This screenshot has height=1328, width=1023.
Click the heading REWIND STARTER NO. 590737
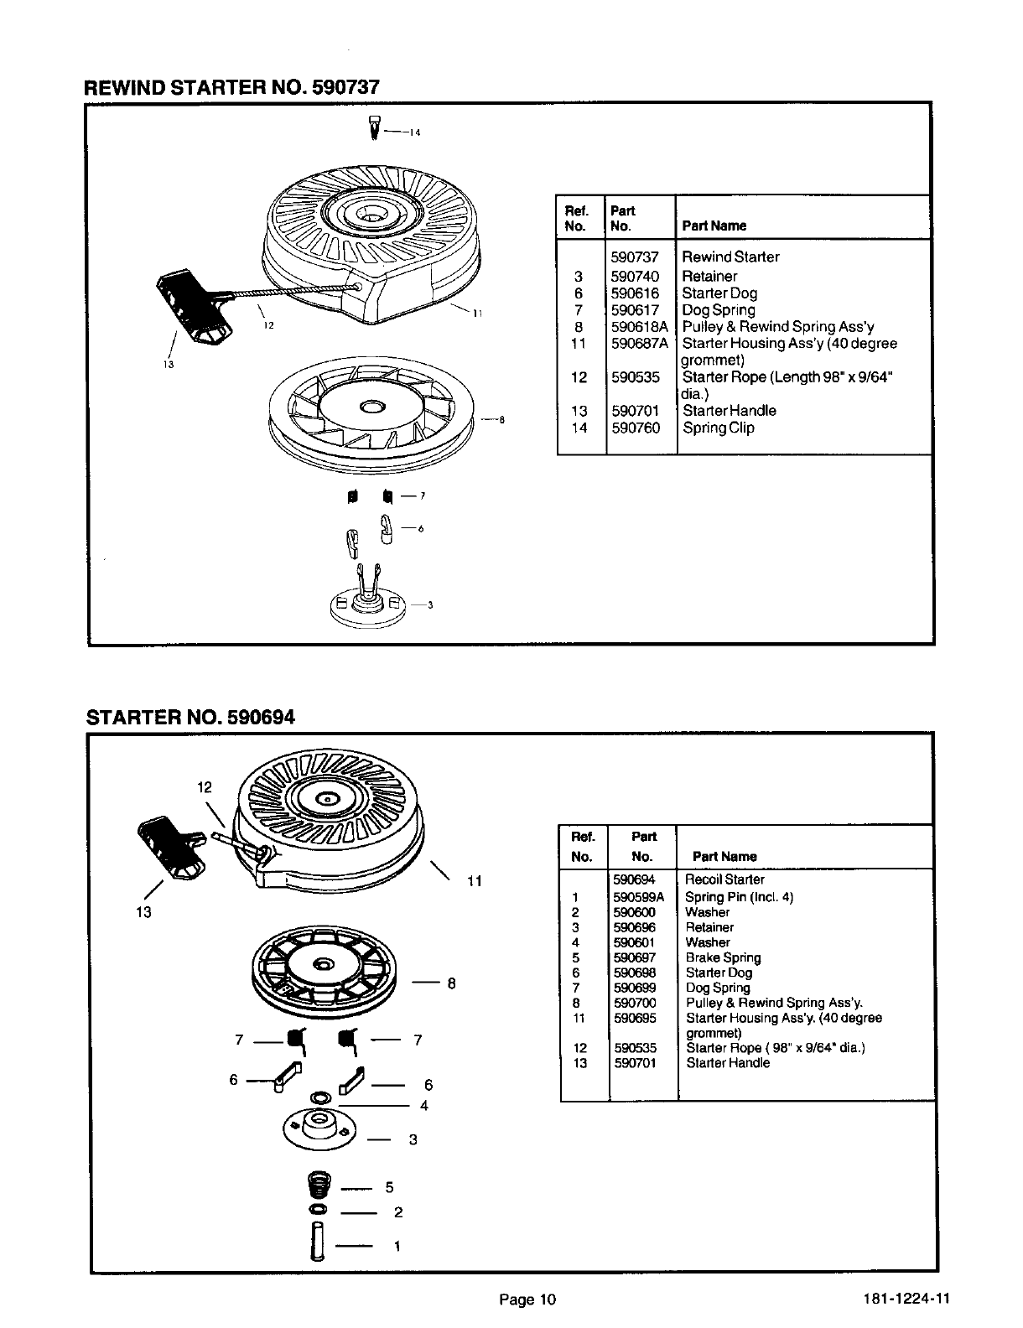coord(231,87)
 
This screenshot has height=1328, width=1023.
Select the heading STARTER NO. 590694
coord(191,718)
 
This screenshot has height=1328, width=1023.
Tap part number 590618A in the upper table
coord(639,327)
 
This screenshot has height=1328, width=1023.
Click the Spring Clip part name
coord(718,428)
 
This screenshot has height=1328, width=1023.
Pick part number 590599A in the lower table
coord(638,897)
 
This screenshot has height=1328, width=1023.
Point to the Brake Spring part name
coord(723,957)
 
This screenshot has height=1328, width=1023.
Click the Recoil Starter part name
coord(724,879)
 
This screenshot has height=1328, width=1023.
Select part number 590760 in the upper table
coord(635,428)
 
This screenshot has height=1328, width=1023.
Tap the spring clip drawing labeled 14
coord(375,128)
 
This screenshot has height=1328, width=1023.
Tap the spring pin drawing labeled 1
coord(318,1246)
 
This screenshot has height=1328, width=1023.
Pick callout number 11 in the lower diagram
coord(474,881)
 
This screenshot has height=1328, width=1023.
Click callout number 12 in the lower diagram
coord(205,786)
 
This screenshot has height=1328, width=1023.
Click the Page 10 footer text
coord(527,1300)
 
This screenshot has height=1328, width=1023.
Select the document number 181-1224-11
coord(906,1300)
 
